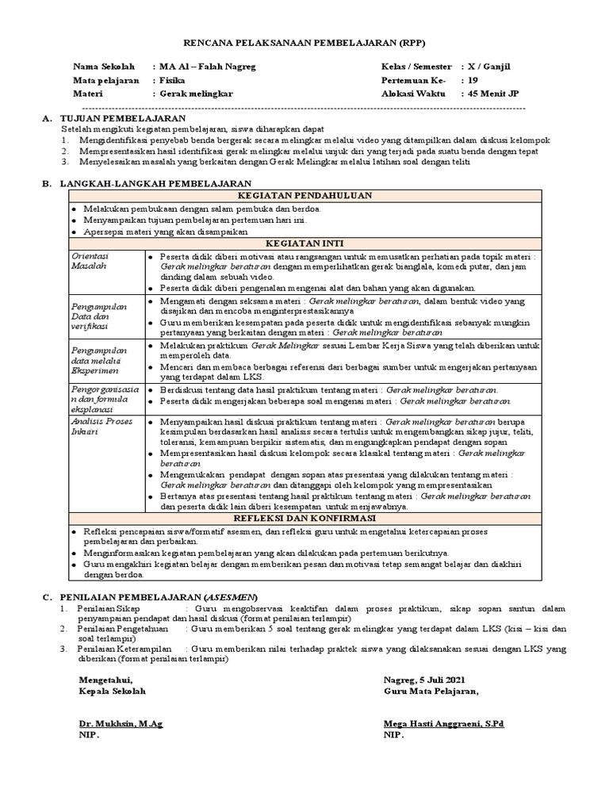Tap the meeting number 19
pyautogui.click(x=473, y=80)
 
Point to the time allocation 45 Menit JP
pyautogui.click(x=493, y=93)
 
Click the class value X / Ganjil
pyautogui.click(x=490, y=67)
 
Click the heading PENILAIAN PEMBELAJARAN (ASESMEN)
pyautogui.click(x=159, y=596)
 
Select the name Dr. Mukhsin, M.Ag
pyautogui.click(x=121, y=724)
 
